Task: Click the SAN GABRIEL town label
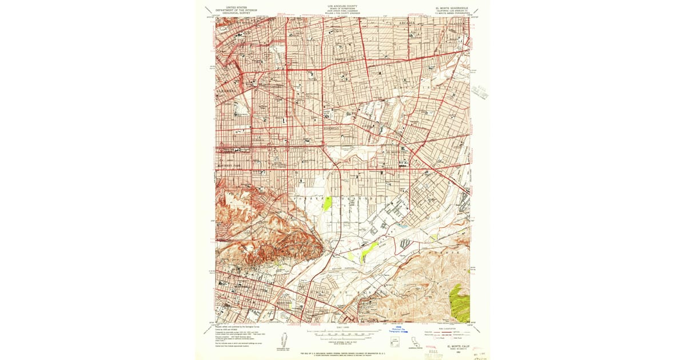[x=278, y=165]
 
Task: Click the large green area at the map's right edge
[x=459, y=301]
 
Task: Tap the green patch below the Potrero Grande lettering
[x=327, y=203]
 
